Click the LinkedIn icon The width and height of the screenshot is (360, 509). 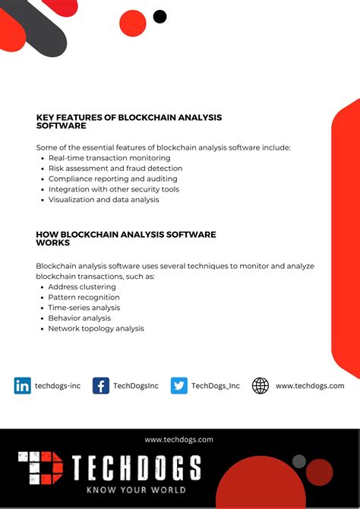(23, 386)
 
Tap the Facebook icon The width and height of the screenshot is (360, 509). (101, 386)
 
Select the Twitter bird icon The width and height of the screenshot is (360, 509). (179, 386)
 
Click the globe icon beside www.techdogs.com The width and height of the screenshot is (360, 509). (261, 386)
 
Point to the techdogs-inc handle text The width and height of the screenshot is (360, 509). (58, 386)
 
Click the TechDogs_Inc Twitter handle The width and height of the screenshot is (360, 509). (215, 386)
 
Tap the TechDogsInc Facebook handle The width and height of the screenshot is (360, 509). (136, 386)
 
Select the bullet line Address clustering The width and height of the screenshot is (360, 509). (82, 287)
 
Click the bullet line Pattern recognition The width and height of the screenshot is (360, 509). (84, 298)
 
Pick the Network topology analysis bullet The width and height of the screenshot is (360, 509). (96, 329)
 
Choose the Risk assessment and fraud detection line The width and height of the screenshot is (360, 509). (115, 169)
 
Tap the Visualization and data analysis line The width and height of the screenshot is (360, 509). (104, 200)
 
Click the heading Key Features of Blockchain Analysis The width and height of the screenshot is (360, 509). (129, 118)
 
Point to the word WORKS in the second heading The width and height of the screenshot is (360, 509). (53, 243)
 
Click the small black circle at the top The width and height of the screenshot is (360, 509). (159, 17)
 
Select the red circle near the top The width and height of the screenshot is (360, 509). (133, 23)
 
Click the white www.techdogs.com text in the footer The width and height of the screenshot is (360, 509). (179, 439)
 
